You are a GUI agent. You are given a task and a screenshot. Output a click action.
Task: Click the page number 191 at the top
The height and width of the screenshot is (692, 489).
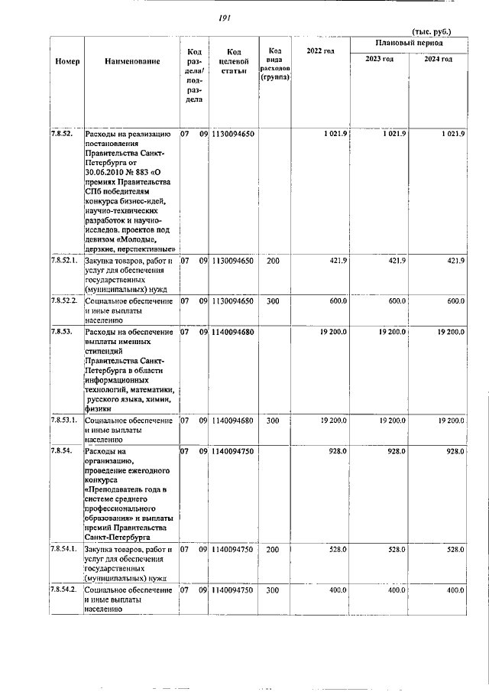pyautogui.click(x=224, y=18)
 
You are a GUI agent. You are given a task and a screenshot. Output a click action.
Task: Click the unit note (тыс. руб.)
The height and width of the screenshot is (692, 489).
pyautogui.click(x=431, y=31)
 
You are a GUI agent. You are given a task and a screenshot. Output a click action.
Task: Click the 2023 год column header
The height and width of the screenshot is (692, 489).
pyautogui.click(x=379, y=59)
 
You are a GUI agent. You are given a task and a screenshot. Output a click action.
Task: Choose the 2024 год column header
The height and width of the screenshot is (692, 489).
pyautogui.click(x=438, y=59)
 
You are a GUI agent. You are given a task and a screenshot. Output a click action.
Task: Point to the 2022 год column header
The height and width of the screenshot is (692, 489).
pyautogui.click(x=320, y=50)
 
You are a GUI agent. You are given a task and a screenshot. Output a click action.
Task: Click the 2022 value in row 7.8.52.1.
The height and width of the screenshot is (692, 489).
pyautogui.click(x=338, y=261)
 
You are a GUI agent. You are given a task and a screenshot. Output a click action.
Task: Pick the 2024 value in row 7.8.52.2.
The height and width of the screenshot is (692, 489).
pyautogui.click(x=455, y=301)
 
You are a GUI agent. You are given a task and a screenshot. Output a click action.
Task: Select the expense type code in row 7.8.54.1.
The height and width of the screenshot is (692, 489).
pyautogui.click(x=273, y=549)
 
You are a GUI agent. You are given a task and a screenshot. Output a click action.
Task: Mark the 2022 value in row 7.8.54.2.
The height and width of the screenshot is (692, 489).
pyautogui.click(x=337, y=590)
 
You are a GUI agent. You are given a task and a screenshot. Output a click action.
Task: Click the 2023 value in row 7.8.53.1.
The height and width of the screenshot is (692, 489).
pyautogui.click(x=391, y=421)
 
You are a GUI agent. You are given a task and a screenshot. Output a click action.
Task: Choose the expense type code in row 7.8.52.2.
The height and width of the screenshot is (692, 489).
pyautogui.click(x=273, y=301)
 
